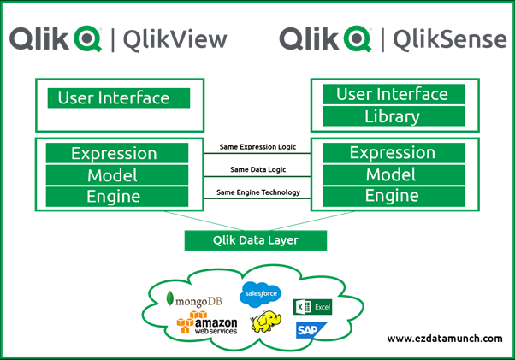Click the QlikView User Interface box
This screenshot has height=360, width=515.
114,97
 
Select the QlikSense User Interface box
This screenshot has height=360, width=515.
392,94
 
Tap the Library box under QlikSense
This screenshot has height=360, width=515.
392,117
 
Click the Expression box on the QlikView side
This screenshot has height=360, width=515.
114,154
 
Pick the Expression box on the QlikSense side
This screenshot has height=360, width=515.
391,154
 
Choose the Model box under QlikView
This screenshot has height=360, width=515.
114,175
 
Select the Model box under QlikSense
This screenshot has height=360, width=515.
391,175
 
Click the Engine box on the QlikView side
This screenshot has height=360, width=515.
114,197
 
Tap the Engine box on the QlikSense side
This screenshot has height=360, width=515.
391,197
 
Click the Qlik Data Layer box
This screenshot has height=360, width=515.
255,240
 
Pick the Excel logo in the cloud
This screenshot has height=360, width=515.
312,307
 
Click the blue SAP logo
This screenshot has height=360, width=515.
308,329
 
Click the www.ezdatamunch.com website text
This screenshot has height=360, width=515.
444,339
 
